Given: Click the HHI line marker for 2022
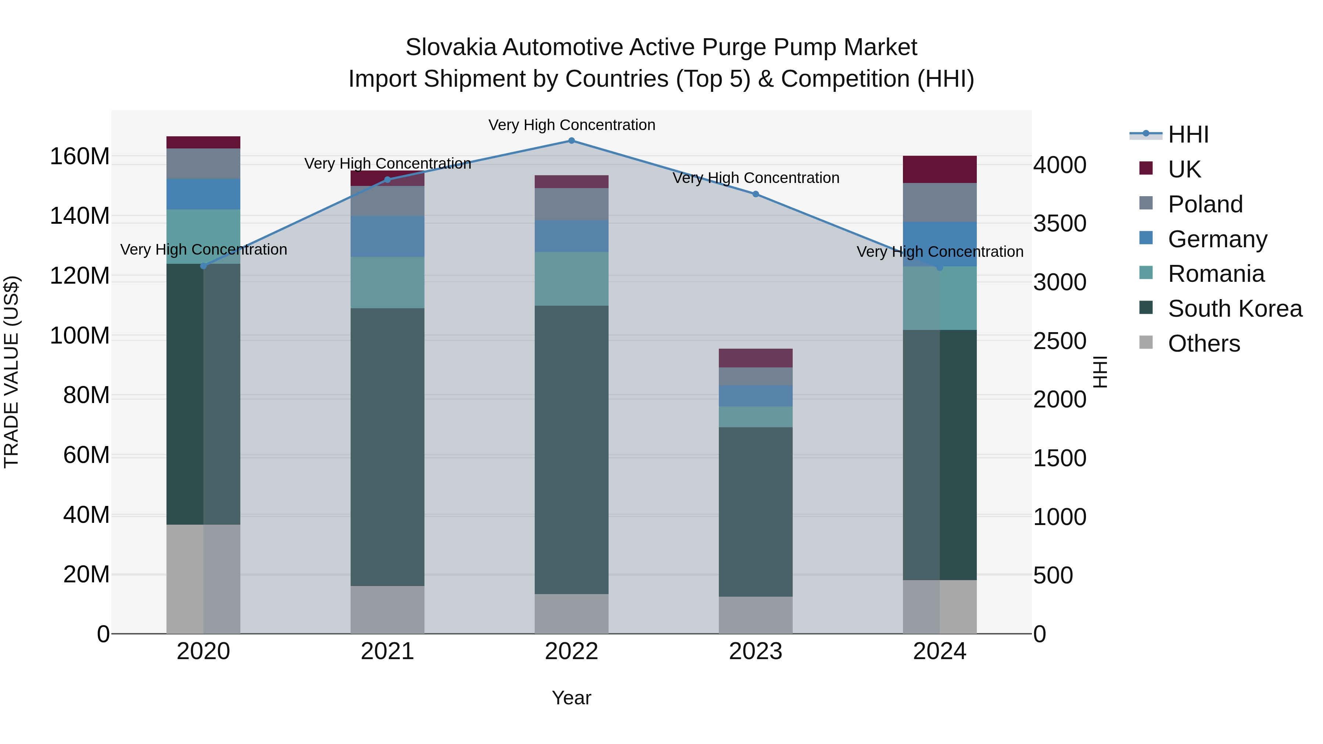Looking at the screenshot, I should click(x=571, y=141).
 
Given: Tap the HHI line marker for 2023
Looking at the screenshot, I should click(x=756, y=194).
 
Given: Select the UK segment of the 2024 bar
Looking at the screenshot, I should click(x=939, y=169).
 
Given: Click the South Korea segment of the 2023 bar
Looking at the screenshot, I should click(x=756, y=511).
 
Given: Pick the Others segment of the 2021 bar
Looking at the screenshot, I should click(x=387, y=610).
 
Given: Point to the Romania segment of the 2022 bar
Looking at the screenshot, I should click(x=571, y=279).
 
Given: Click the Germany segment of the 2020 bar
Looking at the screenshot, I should click(x=203, y=194).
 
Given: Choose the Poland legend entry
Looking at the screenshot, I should click(x=1205, y=204).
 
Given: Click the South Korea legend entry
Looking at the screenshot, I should click(x=1235, y=309).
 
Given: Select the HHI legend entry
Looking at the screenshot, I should click(x=1188, y=134).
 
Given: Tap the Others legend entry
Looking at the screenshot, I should click(x=1203, y=344).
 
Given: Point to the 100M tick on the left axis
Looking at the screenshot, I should click(x=80, y=336).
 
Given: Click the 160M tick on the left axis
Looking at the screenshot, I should click(x=80, y=156).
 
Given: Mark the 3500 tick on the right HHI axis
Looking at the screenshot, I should click(x=1059, y=224).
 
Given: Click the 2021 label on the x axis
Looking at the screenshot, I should click(x=387, y=651).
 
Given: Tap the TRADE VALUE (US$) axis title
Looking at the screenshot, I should click(x=11, y=372).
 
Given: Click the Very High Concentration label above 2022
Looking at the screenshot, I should click(x=571, y=125).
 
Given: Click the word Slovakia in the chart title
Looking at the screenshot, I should click(x=451, y=47).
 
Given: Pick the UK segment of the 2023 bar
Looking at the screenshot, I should click(x=756, y=358).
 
